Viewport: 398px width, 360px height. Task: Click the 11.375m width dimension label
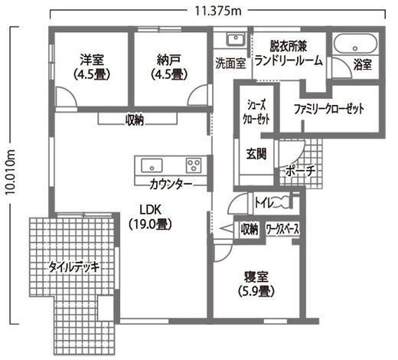[x=217, y=11]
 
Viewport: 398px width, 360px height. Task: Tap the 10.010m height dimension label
[x=11, y=172]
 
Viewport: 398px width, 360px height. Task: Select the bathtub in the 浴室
[x=355, y=44]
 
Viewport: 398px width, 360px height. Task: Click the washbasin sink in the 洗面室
[x=236, y=39]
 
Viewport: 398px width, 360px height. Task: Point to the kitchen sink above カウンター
[x=152, y=165]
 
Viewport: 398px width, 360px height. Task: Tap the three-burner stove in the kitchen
[x=194, y=165]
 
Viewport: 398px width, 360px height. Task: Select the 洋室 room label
[x=92, y=61]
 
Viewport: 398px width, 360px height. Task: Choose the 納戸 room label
[x=169, y=61]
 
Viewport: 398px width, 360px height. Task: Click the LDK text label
[x=150, y=210]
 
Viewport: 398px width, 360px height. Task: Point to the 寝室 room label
[x=256, y=277]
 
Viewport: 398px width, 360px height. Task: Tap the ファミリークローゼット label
[x=329, y=109]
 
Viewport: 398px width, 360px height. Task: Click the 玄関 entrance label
[x=256, y=154]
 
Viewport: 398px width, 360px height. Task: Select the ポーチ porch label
[x=300, y=171]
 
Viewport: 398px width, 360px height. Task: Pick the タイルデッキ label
[x=73, y=267]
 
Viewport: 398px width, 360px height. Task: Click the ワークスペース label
[x=282, y=230]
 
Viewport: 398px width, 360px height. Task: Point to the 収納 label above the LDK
[x=135, y=120]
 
